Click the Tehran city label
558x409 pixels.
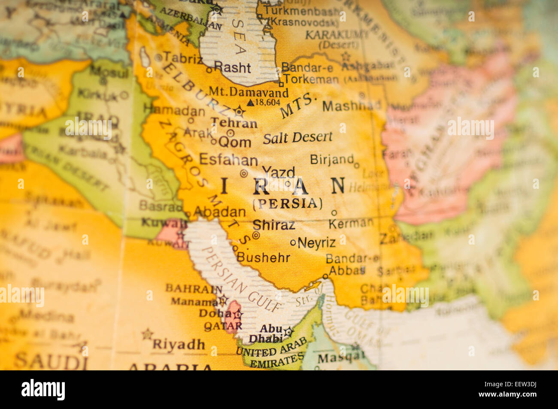(x=234, y=123)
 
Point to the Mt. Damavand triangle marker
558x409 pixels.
(x=251, y=103)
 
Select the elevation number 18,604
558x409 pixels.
(x=267, y=102)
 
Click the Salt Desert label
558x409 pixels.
(x=297, y=137)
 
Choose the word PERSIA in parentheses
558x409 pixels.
(x=287, y=203)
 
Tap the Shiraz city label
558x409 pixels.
(x=273, y=224)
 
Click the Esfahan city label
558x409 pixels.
(x=228, y=160)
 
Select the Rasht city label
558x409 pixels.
(x=232, y=67)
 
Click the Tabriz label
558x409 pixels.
(x=182, y=58)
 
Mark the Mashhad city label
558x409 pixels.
(x=352, y=106)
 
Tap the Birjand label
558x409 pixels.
(x=332, y=159)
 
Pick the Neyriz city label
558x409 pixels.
(x=316, y=242)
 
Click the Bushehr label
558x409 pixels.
(x=263, y=258)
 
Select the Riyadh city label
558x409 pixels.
(x=179, y=344)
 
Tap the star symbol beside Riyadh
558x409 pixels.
(x=147, y=333)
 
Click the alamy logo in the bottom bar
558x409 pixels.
(x=43, y=390)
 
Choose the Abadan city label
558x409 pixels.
(x=219, y=212)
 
